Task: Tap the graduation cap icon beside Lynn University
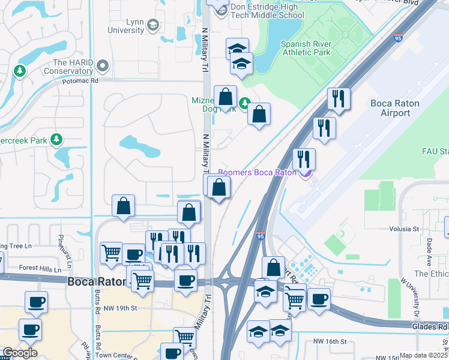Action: pyautogui.click(x=153, y=25)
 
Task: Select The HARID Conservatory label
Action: pyautogui.click(x=75, y=67)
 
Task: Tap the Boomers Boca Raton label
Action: pyautogui.click(x=257, y=172)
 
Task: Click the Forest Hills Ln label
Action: pyautogui.click(x=40, y=269)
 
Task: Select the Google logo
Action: pyautogui.click(x=20, y=353)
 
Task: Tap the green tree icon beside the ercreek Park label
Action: pyautogui.click(x=57, y=139)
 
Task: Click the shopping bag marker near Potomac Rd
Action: pyautogui.click(x=225, y=97)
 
